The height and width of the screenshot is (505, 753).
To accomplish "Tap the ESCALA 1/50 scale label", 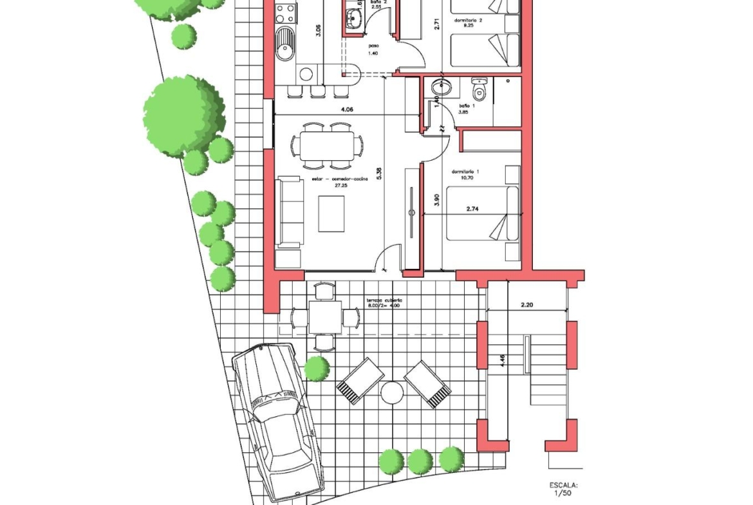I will pos(563,490).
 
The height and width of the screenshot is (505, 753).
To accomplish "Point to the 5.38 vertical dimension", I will pos(379,174).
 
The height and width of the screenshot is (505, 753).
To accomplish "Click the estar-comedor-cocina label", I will pos(341,181).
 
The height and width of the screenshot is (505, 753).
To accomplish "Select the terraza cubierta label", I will pos(384,302).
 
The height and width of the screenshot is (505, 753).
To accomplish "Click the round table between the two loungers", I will pos(391,392).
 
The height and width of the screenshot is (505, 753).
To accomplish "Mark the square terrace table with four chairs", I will pos(324,317).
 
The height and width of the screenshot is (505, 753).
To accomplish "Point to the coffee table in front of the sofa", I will pos(331,214).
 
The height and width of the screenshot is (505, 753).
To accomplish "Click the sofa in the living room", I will pos(290,212).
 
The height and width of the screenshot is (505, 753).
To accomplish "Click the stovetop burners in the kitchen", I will pos(286,12).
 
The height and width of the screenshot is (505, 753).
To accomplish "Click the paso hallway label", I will pos(373,50).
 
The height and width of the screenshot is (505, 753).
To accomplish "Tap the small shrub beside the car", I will pos(316,369).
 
